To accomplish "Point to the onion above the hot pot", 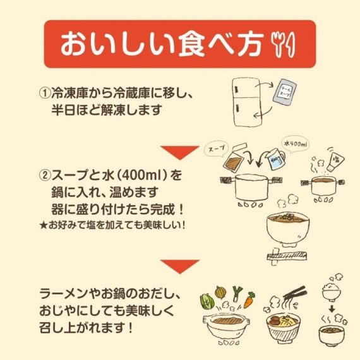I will click(220, 292).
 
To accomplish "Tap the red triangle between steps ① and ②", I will click(179, 151).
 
